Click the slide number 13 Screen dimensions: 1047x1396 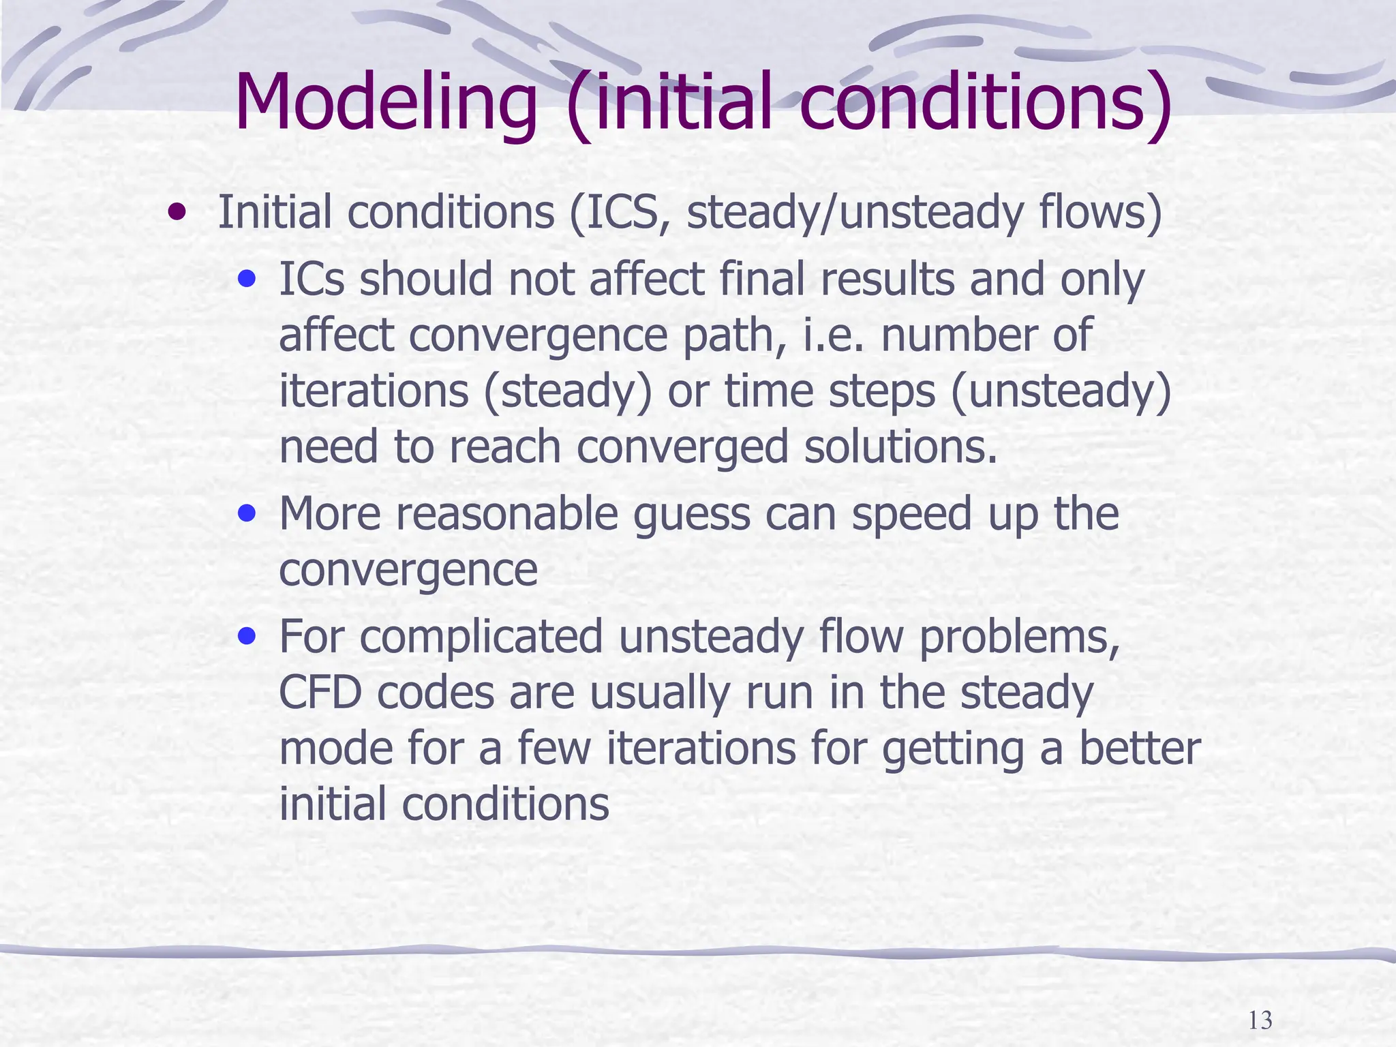pyautogui.click(x=1260, y=1020)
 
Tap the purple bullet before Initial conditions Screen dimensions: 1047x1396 pyautogui.click(x=177, y=213)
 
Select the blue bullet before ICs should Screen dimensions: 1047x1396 pyautogui.click(x=247, y=279)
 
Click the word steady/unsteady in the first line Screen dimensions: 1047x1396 pyautogui.click(x=855, y=213)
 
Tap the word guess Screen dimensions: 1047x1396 pyautogui.click(x=691, y=514)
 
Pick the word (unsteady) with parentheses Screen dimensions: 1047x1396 pyautogui.click(x=1061, y=391)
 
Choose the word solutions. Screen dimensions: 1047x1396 pyautogui.click(x=900, y=447)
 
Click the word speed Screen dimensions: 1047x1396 pyautogui.click(x=911, y=515)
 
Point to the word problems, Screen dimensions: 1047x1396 pyautogui.click(x=1019, y=638)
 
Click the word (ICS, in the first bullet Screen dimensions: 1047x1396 pyautogui.click(x=620, y=213)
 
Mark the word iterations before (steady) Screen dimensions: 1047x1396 pyautogui.click(x=374, y=391)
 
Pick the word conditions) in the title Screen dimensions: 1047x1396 pyautogui.click(x=986, y=102)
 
